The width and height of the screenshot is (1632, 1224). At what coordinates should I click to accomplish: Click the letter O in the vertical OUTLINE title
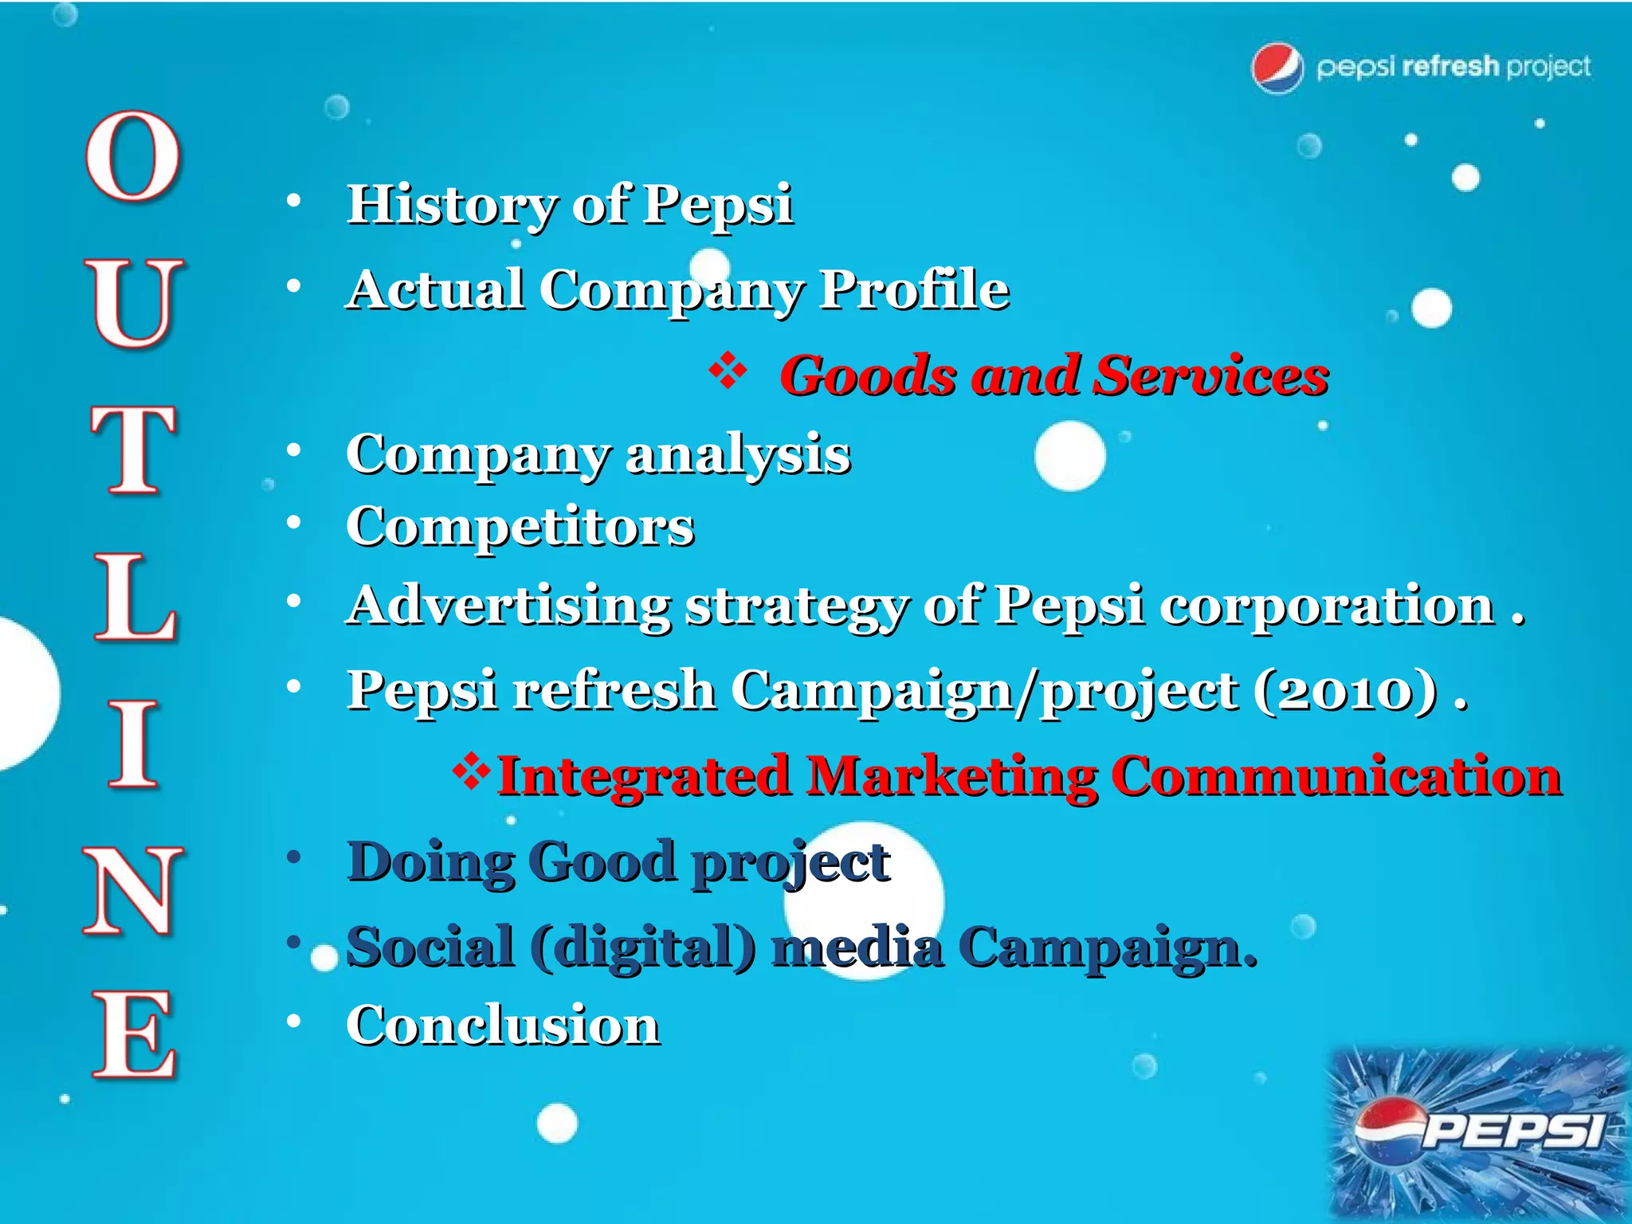tap(132, 156)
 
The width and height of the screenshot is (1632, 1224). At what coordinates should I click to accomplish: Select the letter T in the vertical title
tap(132, 449)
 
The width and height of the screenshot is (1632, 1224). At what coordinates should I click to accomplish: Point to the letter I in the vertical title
tap(132, 746)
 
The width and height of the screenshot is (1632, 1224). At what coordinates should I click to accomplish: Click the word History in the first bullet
tap(451, 206)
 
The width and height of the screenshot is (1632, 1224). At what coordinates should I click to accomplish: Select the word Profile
tap(914, 289)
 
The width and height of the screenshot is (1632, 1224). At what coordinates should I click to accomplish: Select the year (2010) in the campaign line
tap(1346, 690)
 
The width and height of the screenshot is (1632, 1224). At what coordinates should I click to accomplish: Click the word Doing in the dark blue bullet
tap(430, 863)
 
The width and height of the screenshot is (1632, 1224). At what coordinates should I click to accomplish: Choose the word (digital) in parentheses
tap(642, 948)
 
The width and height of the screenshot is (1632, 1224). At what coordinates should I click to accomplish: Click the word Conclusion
tap(503, 1026)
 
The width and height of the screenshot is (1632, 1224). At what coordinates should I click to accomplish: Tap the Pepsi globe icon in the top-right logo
tap(1277, 68)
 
